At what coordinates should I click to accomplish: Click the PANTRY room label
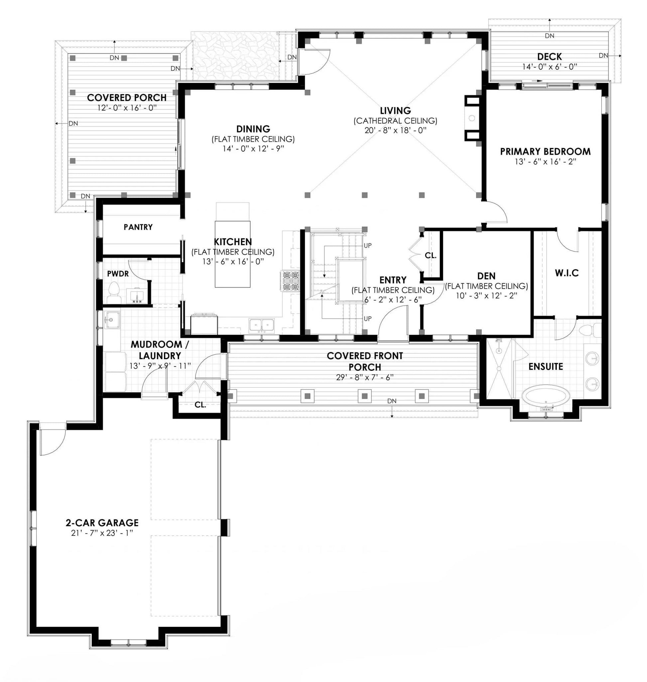138,227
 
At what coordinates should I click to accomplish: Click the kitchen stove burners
291,281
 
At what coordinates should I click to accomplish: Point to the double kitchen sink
262,325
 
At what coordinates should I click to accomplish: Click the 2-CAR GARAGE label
102,523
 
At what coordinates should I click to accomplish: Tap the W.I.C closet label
567,273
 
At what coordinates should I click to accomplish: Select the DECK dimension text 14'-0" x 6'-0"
550,66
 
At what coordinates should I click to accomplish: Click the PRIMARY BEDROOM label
545,151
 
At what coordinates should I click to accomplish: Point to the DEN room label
486,276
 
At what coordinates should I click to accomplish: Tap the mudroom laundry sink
112,320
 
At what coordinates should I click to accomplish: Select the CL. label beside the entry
431,255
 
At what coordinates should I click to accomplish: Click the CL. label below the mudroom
200,405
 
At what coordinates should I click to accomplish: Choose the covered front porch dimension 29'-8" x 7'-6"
365,377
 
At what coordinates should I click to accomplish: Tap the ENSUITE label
546,366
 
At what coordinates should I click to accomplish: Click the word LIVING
395,111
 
